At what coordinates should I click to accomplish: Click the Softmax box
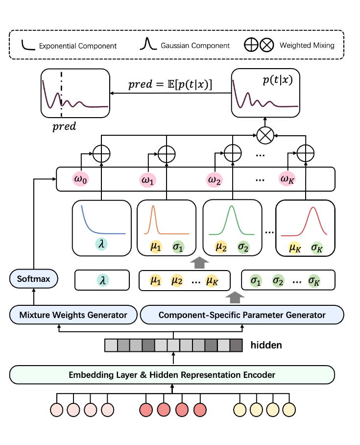coord(33,279)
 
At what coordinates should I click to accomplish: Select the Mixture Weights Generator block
coord(73,315)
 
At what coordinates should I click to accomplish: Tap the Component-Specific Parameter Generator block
coord(242,315)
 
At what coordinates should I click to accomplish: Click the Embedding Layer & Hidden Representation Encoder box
coord(172,374)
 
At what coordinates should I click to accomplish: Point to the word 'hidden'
coord(266,345)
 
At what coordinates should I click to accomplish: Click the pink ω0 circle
coord(80,179)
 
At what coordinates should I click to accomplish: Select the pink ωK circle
coord(287,179)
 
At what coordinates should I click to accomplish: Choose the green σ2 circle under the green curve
coord(243,247)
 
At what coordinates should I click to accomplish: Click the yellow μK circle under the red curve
coord(295,248)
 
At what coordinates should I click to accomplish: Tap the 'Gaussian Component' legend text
coord(195,46)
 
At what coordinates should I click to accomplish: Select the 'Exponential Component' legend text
coord(78,46)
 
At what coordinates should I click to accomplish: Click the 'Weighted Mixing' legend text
coord(307,45)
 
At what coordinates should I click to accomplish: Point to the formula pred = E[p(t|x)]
coord(170,84)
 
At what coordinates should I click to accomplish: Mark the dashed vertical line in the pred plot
coord(61,94)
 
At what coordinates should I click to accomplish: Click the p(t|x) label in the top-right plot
coord(277,80)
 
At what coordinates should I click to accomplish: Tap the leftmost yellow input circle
coord(240,410)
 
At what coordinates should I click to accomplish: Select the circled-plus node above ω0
coord(101,154)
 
